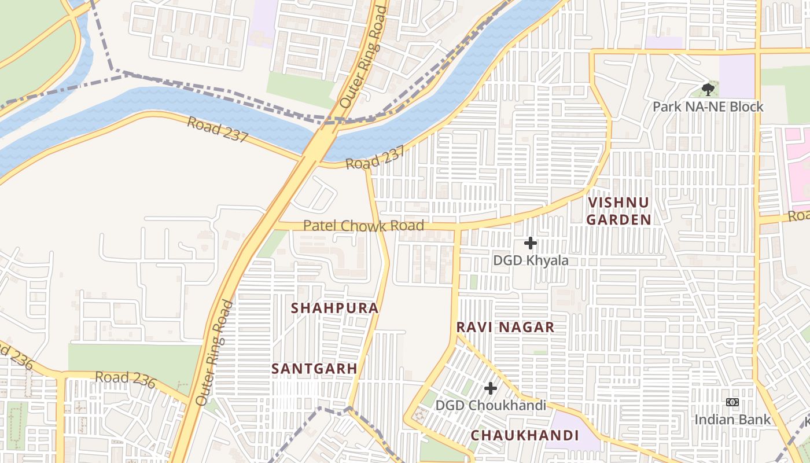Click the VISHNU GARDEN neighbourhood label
pyautogui.click(x=618, y=211)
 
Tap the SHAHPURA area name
pyautogui.click(x=335, y=308)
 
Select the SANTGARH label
pyautogui.click(x=314, y=368)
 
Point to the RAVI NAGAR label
pyautogui.click(x=505, y=327)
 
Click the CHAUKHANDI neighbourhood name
pyautogui.click(x=524, y=435)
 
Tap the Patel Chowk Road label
pyautogui.click(x=363, y=225)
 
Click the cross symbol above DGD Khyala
pyautogui.click(x=530, y=244)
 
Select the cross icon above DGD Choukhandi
pyautogui.click(x=491, y=388)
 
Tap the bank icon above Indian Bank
pyautogui.click(x=732, y=402)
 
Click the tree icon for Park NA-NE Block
pyautogui.click(x=708, y=89)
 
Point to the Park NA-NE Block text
pyautogui.click(x=708, y=106)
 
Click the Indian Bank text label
pyautogui.click(x=732, y=419)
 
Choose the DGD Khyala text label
pyautogui.click(x=531, y=260)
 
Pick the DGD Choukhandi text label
pyautogui.click(x=491, y=405)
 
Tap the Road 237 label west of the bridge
pyautogui.click(x=218, y=130)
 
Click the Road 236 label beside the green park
pyautogui.click(x=126, y=380)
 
